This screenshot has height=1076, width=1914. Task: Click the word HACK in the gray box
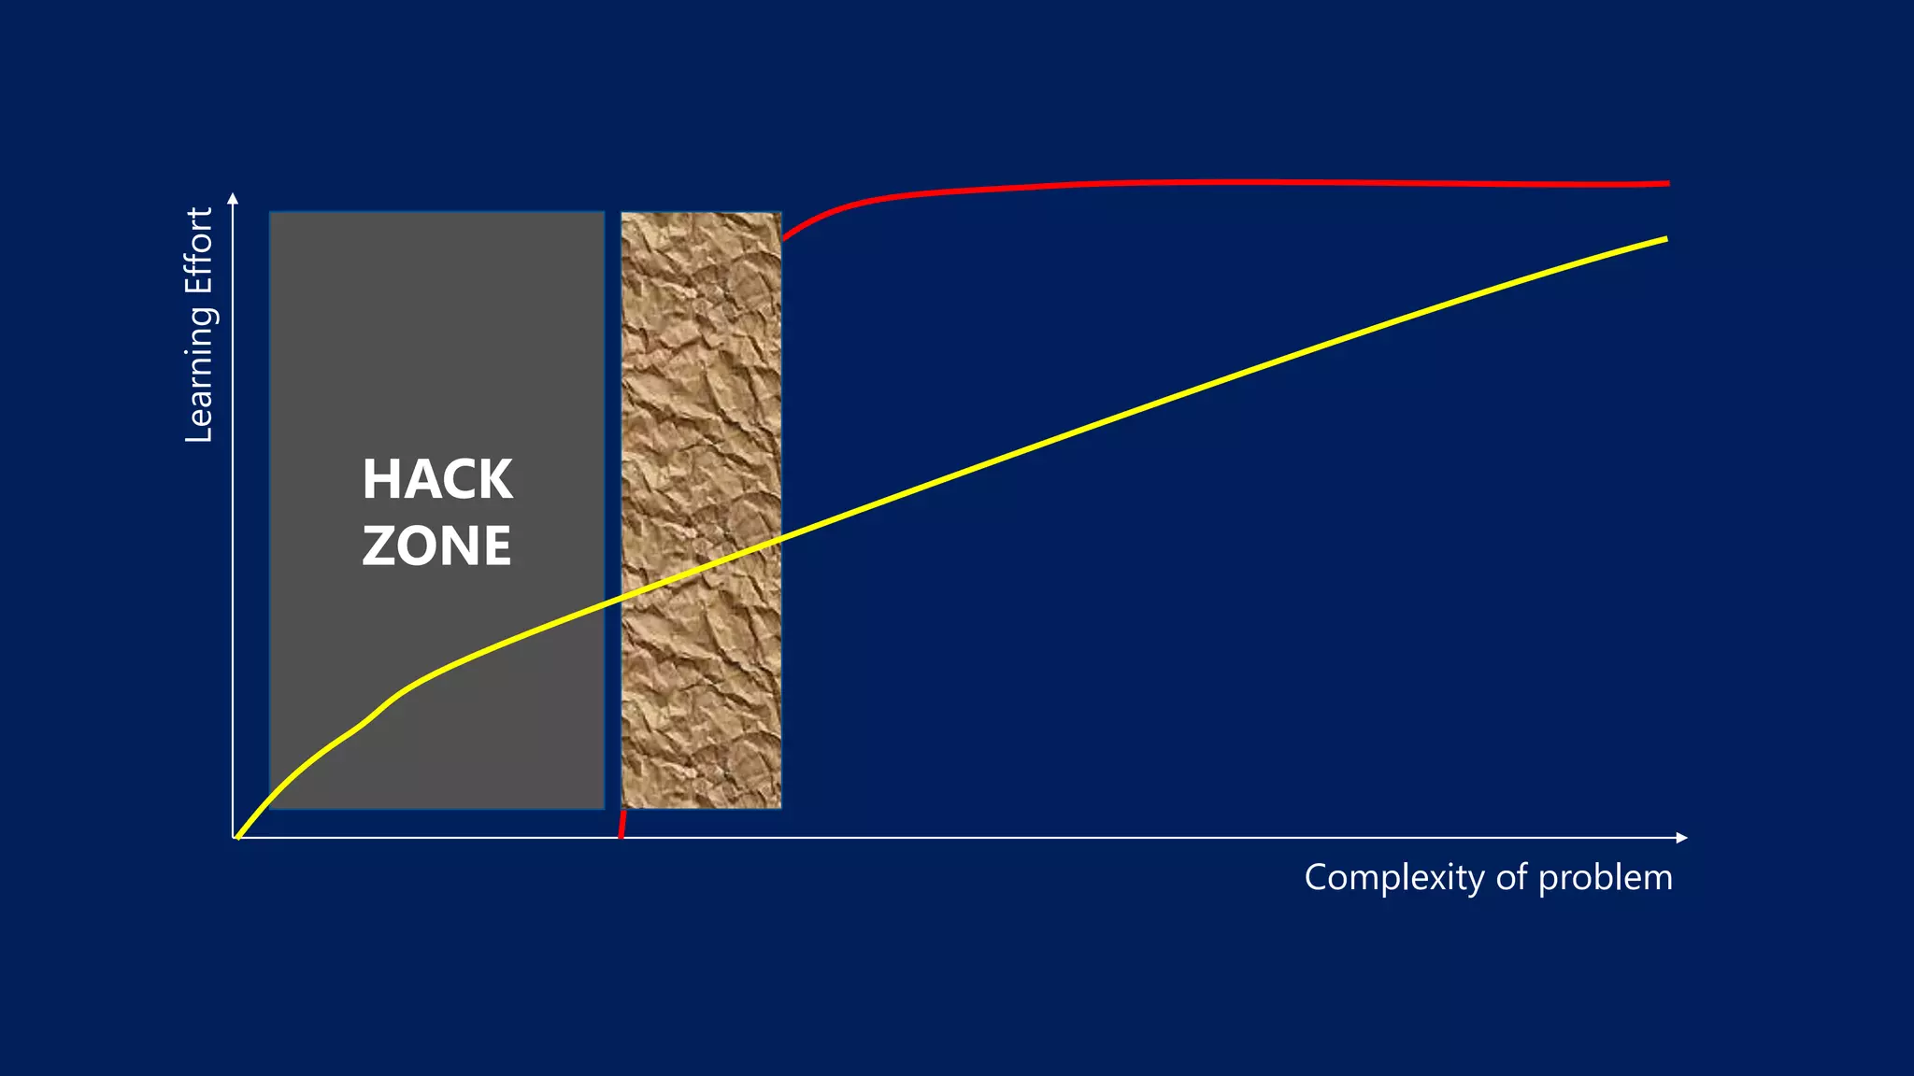[x=437, y=479]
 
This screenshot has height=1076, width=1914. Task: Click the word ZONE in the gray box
[x=437, y=545]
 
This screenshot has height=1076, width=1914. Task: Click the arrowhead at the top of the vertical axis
[x=234, y=198]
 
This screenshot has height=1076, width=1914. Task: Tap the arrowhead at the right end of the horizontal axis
[x=1682, y=838]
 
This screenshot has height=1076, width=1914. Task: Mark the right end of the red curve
[x=1667, y=184]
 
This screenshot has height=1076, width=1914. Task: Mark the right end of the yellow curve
[x=1665, y=239]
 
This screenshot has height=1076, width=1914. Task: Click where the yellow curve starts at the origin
[x=239, y=837]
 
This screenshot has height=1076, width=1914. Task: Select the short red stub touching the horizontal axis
[x=622, y=824]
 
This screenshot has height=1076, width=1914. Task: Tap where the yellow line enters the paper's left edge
[x=622, y=598]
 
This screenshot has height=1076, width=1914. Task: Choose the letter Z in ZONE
[x=379, y=545]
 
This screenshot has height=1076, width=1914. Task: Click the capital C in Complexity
[x=1318, y=878]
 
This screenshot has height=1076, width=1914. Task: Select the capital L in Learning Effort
[x=199, y=432]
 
